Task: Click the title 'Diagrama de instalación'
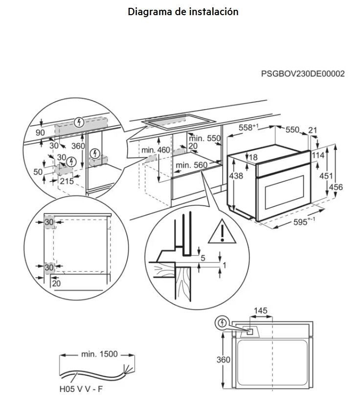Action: coord(183,12)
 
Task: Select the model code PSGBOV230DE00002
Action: coord(303,74)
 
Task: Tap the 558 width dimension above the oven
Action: coord(248,128)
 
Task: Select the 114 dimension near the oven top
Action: coord(318,155)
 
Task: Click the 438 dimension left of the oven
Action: coord(236,176)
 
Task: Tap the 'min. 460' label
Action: coord(156,150)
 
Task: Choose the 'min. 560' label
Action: coord(192,165)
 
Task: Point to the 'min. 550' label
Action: coord(205,138)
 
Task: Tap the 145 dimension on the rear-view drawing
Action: coord(261,311)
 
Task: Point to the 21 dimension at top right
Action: coord(313,130)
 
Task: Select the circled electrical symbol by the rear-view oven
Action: coord(223,323)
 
